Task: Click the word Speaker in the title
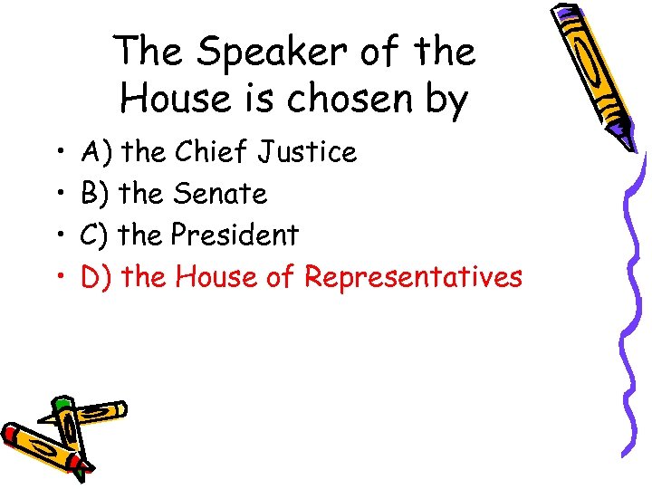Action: (253, 53)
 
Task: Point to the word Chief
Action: (209, 152)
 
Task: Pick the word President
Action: (235, 235)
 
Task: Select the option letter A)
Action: (96, 152)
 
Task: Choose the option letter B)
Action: (96, 193)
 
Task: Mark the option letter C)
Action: (96, 235)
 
